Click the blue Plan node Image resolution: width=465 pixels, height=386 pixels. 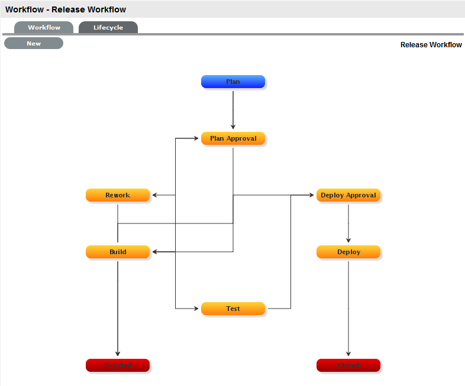[233, 82]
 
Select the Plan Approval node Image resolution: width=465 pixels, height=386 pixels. [233, 138]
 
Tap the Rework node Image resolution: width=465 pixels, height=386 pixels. [118, 195]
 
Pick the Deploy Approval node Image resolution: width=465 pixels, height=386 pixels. [348, 195]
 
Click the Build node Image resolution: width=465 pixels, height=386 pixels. [118, 252]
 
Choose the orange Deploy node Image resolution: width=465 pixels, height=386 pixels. [348, 252]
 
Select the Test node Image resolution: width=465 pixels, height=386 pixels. [233, 309]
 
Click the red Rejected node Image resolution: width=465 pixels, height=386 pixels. [118, 365]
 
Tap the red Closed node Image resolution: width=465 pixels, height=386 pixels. [348, 365]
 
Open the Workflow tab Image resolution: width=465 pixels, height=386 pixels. [44, 28]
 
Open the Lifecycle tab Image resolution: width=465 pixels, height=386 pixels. [108, 28]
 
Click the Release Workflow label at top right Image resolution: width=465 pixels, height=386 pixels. [431, 45]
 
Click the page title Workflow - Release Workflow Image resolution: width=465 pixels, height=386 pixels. [66, 9]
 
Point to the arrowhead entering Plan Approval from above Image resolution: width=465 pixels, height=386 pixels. [233, 126]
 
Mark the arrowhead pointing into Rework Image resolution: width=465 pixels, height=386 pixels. [154, 195]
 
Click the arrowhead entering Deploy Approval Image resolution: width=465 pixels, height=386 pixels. [311, 195]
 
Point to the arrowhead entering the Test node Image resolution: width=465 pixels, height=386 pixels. [196, 309]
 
